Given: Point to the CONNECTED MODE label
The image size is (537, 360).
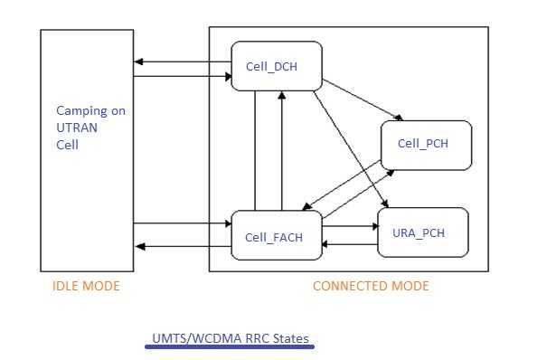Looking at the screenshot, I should (371, 286).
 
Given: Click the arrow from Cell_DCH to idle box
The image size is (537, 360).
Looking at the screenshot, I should (181, 62).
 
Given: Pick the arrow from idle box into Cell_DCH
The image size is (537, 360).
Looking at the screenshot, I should (181, 77).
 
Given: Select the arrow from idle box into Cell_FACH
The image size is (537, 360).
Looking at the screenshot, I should (181, 223).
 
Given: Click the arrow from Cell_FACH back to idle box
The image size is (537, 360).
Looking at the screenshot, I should (181, 245).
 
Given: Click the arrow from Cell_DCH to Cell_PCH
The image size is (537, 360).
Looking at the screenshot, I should (362, 100).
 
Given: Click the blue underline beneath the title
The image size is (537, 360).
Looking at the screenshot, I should (230, 346).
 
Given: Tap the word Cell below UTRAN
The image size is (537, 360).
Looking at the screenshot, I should (68, 144).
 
